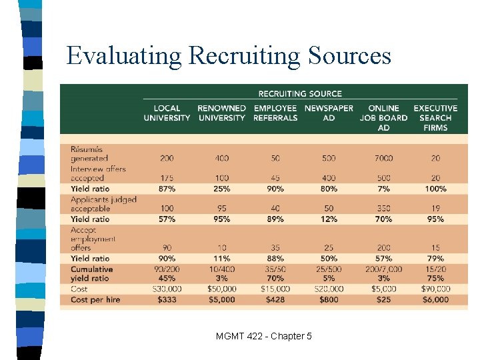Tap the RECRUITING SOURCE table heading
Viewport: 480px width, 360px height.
(300, 94)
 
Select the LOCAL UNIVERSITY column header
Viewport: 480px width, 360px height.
(167, 113)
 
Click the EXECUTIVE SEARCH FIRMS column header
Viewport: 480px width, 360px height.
(435, 117)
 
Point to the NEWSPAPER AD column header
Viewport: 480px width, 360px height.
(329, 113)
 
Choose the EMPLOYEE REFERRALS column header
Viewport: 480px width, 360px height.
(275, 113)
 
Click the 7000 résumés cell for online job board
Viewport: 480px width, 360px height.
(383, 158)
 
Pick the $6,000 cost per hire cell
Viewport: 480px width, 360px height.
(435, 300)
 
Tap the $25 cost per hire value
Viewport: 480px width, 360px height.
(383, 300)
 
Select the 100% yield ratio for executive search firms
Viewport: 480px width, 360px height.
(435, 189)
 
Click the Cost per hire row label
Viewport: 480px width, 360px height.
(95, 300)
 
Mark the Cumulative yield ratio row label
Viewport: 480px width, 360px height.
(92, 274)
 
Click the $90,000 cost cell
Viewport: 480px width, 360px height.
(435, 289)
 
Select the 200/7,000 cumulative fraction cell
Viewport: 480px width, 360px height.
(383, 269)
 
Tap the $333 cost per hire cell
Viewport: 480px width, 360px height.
(167, 300)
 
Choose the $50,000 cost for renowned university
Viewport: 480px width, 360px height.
(222, 289)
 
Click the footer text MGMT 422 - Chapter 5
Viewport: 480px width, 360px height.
(263, 336)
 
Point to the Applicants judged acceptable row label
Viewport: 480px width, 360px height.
(103, 204)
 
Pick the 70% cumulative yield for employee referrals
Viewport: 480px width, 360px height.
(275, 279)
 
